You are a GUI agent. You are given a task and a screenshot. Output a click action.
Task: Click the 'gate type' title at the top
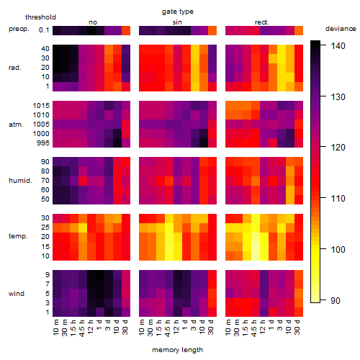pos(178,12)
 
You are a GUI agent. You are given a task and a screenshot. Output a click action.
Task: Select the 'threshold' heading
pos(40,17)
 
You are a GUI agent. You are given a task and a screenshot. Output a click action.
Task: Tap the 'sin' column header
pos(177,22)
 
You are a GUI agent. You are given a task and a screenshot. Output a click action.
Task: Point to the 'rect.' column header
pos(261,22)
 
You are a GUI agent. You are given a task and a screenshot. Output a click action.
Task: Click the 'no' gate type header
pos(93,22)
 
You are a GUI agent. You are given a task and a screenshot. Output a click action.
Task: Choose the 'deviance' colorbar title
pos(341,29)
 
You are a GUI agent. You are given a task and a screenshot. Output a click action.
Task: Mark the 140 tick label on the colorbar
pos(338,45)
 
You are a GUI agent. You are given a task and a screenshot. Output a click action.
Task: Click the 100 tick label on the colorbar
pos(338,250)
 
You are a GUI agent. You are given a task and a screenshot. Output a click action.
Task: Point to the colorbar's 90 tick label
pos(336,300)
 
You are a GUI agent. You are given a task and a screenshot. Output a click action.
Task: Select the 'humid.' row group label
pos(20,181)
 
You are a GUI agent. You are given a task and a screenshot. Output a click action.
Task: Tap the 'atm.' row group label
pos(16,125)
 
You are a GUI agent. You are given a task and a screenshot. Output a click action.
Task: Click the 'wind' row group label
pos(17,294)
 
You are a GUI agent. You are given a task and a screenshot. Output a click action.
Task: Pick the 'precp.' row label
pos(19,29)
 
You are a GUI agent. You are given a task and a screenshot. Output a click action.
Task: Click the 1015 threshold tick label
pos(41,106)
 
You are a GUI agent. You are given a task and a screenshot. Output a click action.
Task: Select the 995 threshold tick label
pos(43,143)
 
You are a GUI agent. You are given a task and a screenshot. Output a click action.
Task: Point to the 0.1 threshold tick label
pos(44,30)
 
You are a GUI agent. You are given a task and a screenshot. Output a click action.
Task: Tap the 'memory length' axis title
pos(177,350)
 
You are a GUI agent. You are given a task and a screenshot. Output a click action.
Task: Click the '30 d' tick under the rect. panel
pos(297,327)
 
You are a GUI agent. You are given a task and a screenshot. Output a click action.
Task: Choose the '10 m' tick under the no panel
pos(55,328)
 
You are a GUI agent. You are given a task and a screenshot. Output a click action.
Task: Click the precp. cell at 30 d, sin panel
pos(212,30)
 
